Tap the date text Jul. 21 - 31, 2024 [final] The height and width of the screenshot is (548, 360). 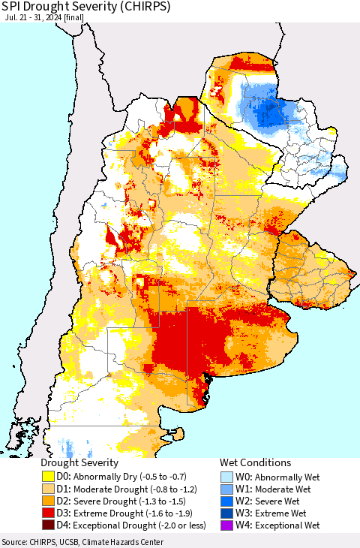pyautogui.click(x=46, y=23)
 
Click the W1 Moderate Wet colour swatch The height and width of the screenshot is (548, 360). pyautogui.click(x=227, y=489)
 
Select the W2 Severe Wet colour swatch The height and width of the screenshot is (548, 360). pyautogui.click(x=227, y=501)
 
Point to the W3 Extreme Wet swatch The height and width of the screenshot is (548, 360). pyautogui.click(x=227, y=513)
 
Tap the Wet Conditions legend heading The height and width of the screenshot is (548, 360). pyautogui.click(x=255, y=463)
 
